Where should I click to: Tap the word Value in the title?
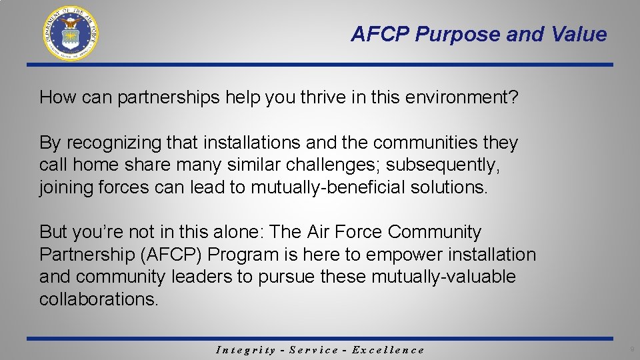pyautogui.click(x=581, y=35)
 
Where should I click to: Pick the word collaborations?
pyautogui.click(x=99, y=299)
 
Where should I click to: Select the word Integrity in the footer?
pyautogui.click(x=246, y=350)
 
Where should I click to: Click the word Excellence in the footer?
pyautogui.click(x=388, y=350)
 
